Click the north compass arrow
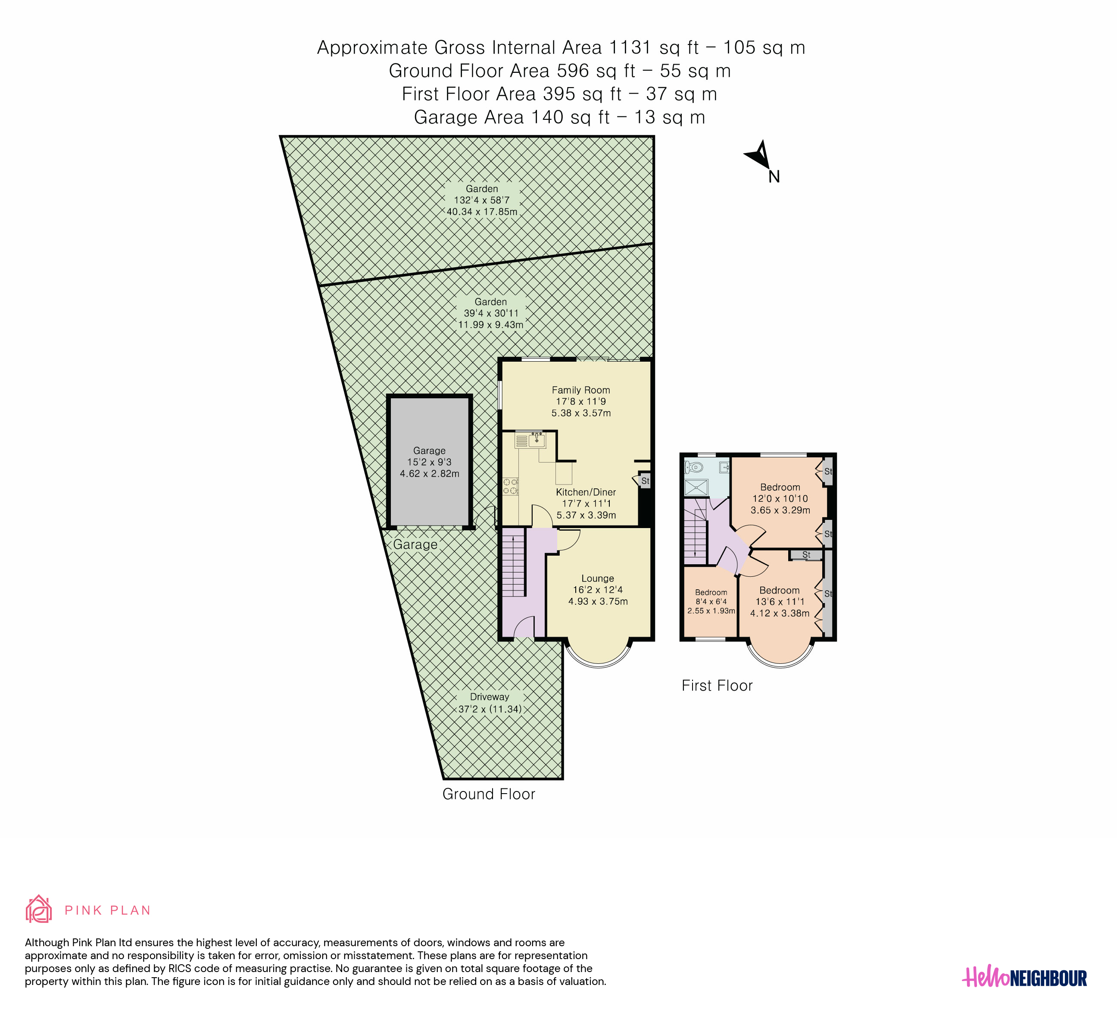click(758, 156)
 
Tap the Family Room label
click(580, 390)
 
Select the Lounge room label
click(597, 578)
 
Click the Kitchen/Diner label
click(586, 492)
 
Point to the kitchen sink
click(537, 441)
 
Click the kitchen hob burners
click(510, 487)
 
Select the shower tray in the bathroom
click(696, 488)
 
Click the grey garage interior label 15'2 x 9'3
click(429, 462)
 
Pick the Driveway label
click(489, 697)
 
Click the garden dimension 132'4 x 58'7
click(481, 200)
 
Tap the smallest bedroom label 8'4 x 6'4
click(711, 602)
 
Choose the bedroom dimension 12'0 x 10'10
click(780, 499)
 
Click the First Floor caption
click(717, 686)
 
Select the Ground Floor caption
click(489, 794)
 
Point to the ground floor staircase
click(514, 562)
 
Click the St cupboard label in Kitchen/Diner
click(645, 481)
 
